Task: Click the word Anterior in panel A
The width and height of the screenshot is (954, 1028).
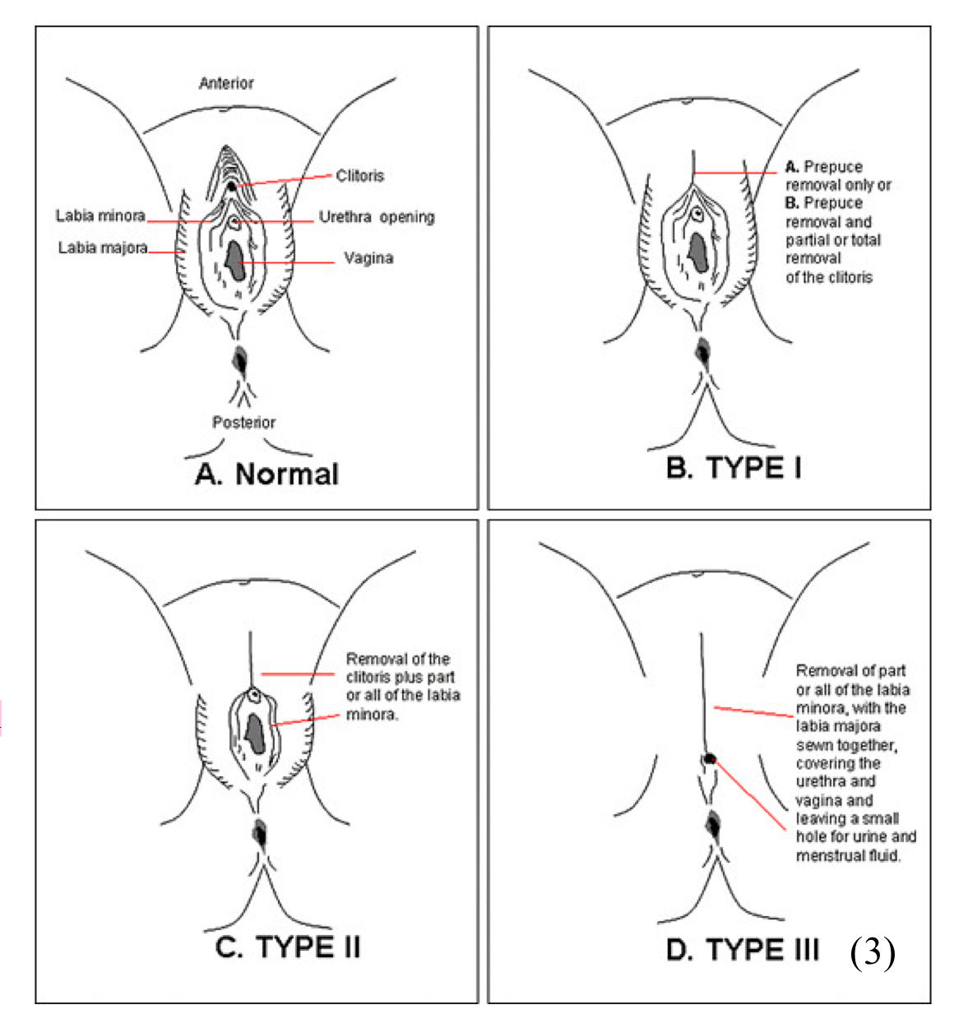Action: pyautogui.click(x=226, y=83)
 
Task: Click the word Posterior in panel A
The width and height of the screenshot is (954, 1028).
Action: pyautogui.click(x=244, y=422)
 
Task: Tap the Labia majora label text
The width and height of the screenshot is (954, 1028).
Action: pyautogui.click(x=103, y=248)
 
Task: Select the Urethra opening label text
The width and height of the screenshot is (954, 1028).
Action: pyautogui.click(x=377, y=217)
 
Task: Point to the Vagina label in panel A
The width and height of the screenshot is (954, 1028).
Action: pyautogui.click(x=368, y=258)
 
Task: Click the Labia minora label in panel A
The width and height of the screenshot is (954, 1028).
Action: pyautogui.click(x=100, y=216)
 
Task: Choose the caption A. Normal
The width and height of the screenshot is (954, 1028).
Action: pyautogui.click(x=267, y=475)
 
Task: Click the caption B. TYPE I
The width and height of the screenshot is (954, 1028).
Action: pyautogui.click(x=734, y=468)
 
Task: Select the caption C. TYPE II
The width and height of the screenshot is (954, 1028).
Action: pyautogui.click(x=288, y=947)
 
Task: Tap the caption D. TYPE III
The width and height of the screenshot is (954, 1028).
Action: pyautogui.click(x=743, y=950)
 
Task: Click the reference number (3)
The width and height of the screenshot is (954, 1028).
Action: pyautogui.click(x=873, y=952)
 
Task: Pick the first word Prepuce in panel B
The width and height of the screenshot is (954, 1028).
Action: pyautogui.click(x=833, y=167)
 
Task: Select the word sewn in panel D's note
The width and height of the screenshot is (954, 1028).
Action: pyautogui.click(x=812, y=745)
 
